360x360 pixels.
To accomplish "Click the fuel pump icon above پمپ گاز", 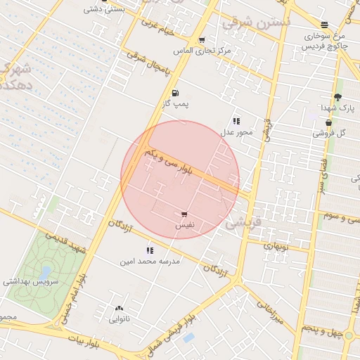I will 174,93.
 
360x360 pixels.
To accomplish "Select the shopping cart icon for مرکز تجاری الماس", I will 202,40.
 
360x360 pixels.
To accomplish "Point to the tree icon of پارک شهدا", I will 337,98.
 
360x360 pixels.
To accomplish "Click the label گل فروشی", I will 330,132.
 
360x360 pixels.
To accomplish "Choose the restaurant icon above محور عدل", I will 236,121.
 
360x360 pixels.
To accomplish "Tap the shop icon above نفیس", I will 184,214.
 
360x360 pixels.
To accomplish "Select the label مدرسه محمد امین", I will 150,261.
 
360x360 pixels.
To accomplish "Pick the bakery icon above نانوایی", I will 119,308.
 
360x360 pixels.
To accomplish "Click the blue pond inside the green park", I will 46,271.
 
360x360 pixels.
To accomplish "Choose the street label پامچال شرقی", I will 149,63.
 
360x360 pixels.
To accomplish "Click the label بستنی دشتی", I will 105,9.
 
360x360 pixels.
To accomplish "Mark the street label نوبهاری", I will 276,246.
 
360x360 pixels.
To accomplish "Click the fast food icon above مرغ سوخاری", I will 324,25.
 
